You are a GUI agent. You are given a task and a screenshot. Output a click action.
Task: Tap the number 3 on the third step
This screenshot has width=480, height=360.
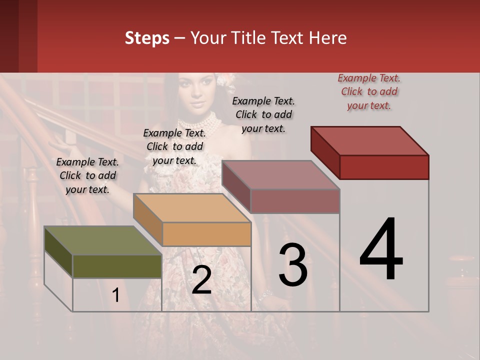click(x=293, y=265)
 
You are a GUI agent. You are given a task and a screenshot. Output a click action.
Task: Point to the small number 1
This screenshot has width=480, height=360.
click(x=116, y=295)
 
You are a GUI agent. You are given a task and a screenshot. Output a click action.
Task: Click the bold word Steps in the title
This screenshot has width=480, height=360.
click(x=147, y=38)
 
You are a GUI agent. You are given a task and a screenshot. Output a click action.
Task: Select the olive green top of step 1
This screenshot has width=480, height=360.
click(x=103, y=240)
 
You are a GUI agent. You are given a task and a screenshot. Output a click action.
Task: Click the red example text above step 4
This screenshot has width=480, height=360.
click(x=369, y=92)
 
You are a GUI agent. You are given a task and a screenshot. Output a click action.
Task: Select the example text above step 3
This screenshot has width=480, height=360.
click(x=263, y=114)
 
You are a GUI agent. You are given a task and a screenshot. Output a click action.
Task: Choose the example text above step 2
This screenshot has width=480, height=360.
click(x=174, y=146)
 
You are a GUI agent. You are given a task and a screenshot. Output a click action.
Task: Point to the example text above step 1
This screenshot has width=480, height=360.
click(x=87, y=175)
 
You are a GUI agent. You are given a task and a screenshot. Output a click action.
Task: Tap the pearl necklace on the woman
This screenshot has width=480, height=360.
click(x=200, y=122)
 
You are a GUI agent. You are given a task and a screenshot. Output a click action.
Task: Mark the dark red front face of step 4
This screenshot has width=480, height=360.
click(x=384, y=167)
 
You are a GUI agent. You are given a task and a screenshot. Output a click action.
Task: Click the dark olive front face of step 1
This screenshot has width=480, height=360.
click(x=117, y=266)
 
